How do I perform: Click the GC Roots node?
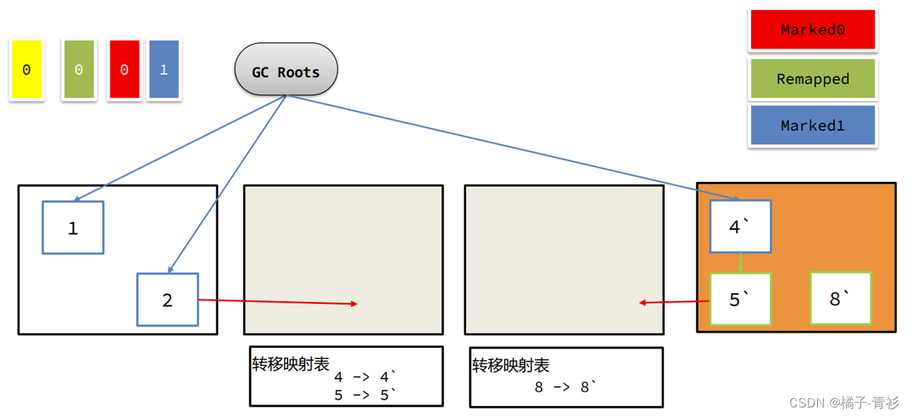[x=286, y=71]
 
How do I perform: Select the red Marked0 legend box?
[x=812, y=30]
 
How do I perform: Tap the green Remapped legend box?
[x=812, y=79]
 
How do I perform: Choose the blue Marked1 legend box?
[x=812, y=126]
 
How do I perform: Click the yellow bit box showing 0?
[x=27, y=70]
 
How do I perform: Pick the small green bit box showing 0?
[x=78, y=70]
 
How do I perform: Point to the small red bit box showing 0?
[x=124, y=70]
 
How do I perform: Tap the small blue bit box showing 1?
[x=163, y=70]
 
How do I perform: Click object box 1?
[x=73, y=228]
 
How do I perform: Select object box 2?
[x=167, y=300]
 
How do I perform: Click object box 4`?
[x=740, y=227]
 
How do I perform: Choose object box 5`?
[x=740, y=299]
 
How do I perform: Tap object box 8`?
[x=840, y=298]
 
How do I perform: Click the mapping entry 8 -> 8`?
[x=566, y=387]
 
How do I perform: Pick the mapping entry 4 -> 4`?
[x=366, y=376]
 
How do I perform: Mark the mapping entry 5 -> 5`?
[x=366, y=394]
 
